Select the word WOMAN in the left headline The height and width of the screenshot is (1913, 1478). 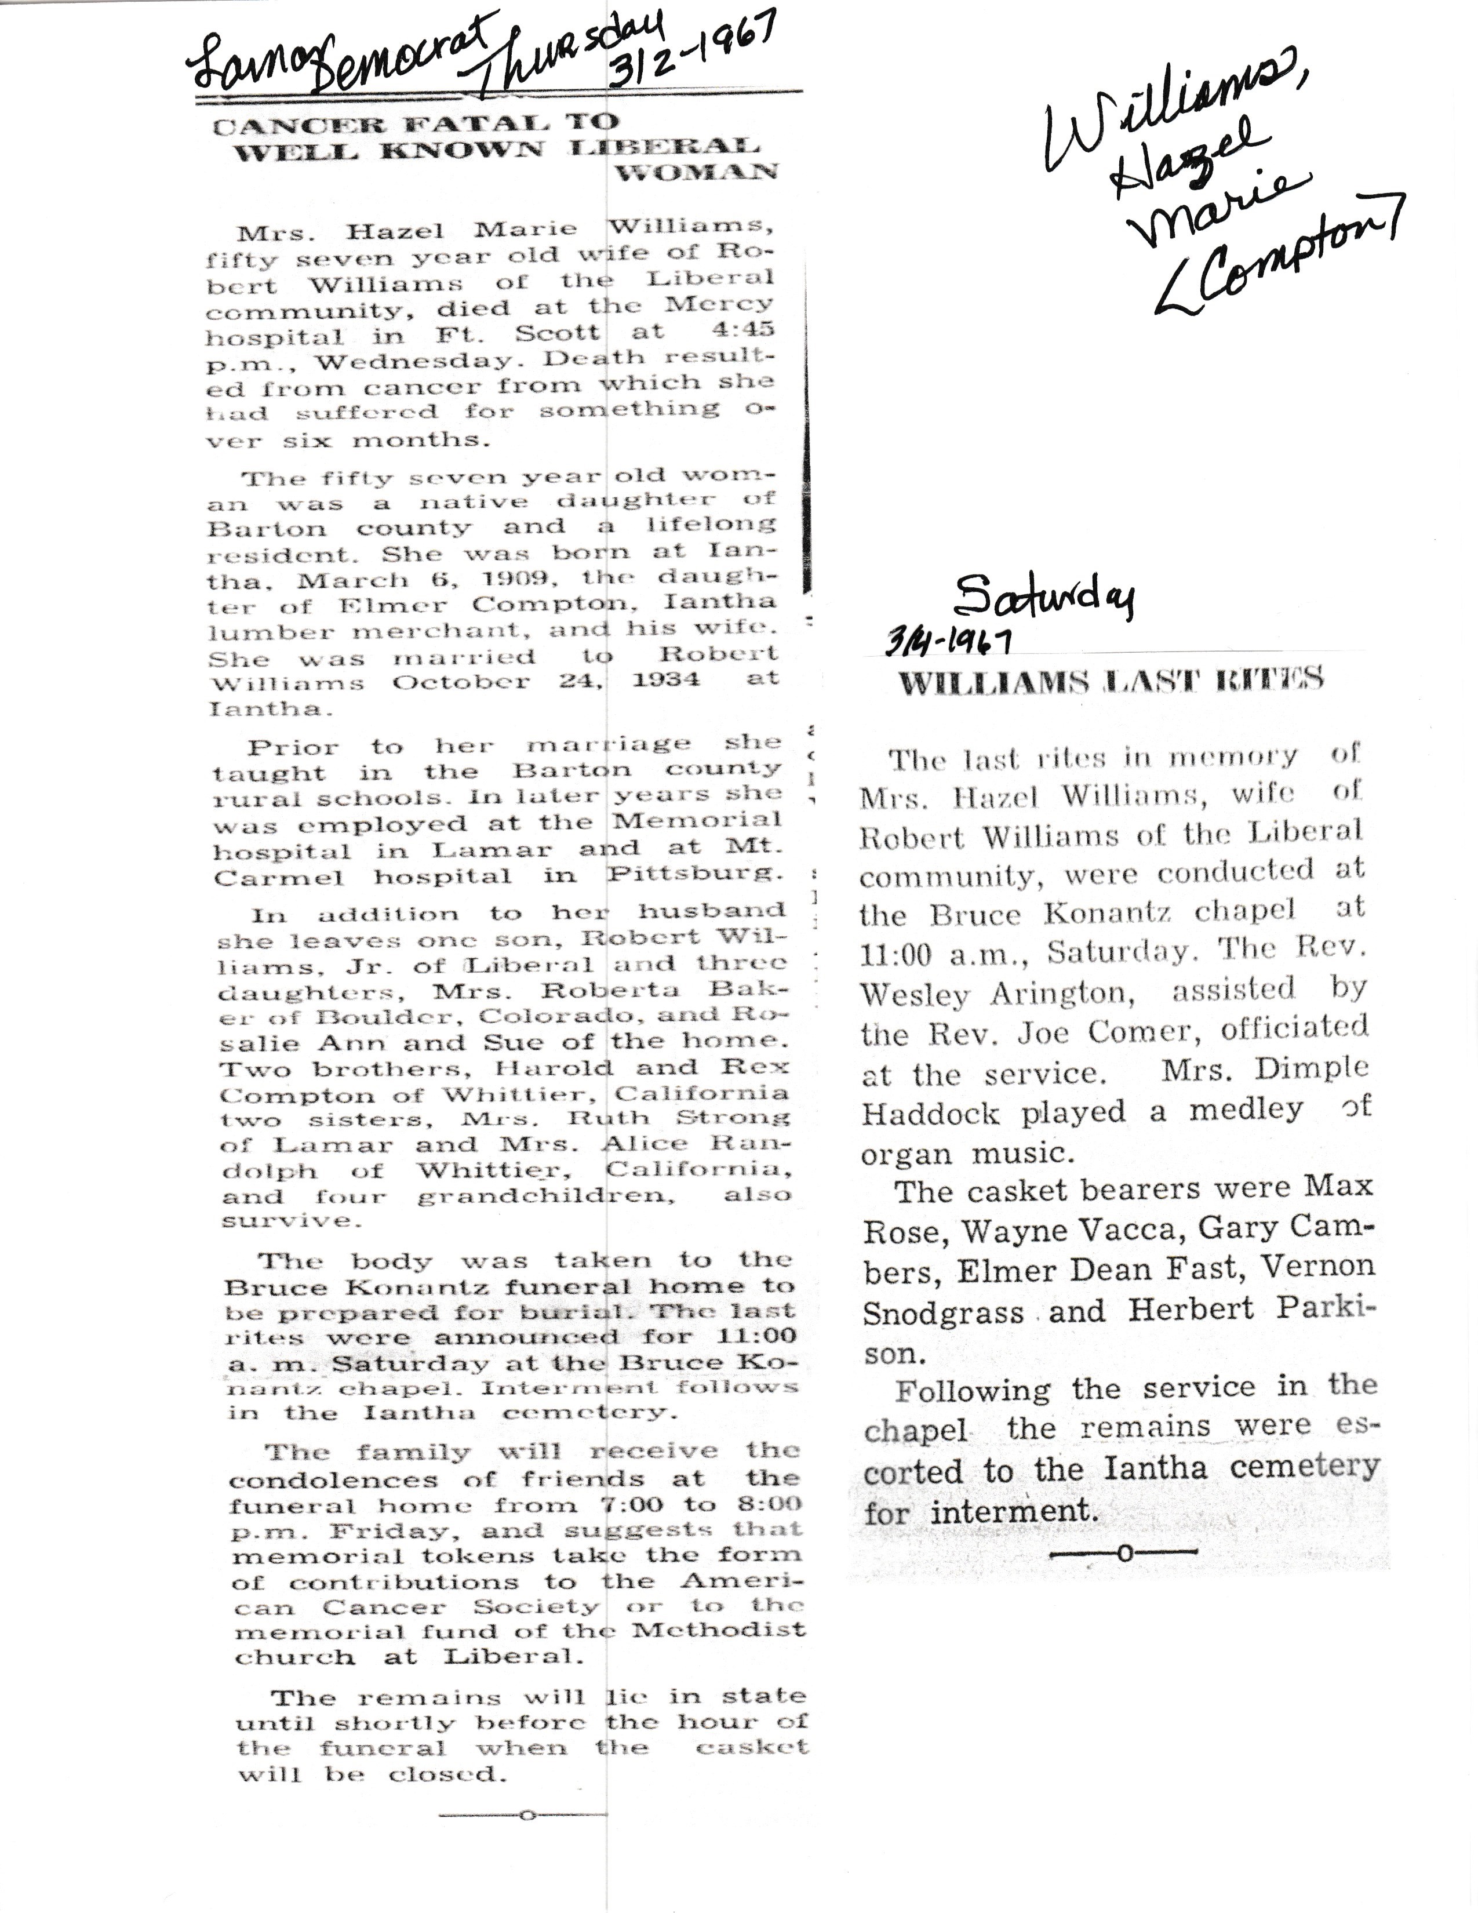(x=696, y=172)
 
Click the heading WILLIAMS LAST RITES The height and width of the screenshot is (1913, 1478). (x=1111, y=682)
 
